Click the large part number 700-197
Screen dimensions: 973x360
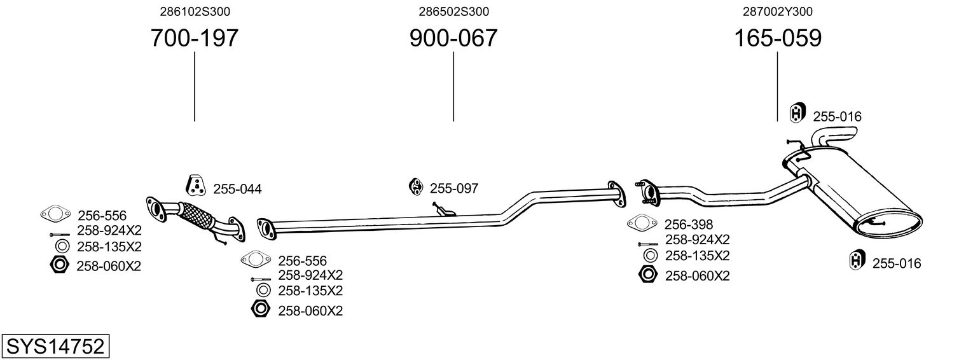tap(194, 39)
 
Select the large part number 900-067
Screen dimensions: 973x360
tap(453, 39)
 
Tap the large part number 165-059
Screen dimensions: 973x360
tap(777, 39)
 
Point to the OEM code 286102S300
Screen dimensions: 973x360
tap(194, 11)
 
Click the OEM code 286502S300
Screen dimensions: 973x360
tap(453, 11)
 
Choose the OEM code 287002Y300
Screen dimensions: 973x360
tap(777, 11)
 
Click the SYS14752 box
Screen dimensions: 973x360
tap(55, 347)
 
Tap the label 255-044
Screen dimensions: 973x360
tap(237, 189)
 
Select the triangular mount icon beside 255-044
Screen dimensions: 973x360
tap(196, 184)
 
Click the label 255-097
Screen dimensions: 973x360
tap(453, 188)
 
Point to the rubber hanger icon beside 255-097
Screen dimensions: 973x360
tap(415, 186)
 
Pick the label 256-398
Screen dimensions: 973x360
tap(688, 224)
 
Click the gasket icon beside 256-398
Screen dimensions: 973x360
tap(642, 223)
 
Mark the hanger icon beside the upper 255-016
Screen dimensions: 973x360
tap(797, 113)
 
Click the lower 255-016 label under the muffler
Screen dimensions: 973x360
tap(896, 263)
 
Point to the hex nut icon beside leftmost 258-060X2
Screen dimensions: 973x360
tap(59, 265)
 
